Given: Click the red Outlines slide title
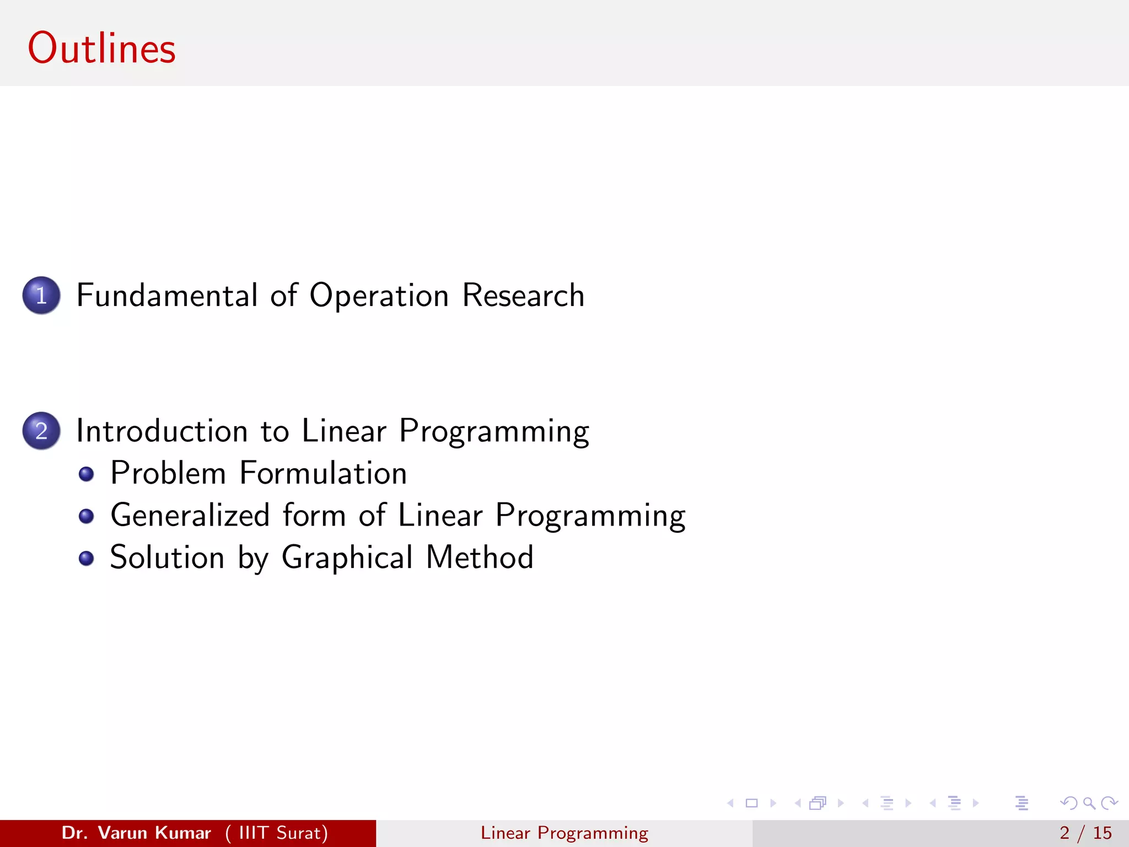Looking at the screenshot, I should (x=102, y=49).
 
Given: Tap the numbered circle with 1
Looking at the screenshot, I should (x=41, y=295).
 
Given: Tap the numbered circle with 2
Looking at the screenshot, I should (x=41, y=431).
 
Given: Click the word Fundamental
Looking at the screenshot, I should (x=167, y=295).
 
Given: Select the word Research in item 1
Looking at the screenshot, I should (x=523, y=295).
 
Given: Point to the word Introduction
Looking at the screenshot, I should (x=162, y=431).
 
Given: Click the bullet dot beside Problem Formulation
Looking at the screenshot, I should (x=86, y=474).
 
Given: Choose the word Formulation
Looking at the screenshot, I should (x=323, y=473).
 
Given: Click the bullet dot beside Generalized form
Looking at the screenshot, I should (x=86, y=516).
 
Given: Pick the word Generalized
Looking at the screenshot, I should (x=190, y=516).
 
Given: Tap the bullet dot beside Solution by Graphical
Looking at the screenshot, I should (x=86, y=559).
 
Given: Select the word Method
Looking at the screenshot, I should (x=480, y=557).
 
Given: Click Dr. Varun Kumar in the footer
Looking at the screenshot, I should (x=136, y=833).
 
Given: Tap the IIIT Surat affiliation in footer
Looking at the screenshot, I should (x=277, y=833).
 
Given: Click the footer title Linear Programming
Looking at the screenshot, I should (x=564, y=833).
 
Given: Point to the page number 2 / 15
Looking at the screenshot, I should (x=1085, y=833).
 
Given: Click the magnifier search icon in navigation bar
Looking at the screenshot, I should (x=1089, y=803).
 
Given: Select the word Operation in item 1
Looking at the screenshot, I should (x=379, y=296).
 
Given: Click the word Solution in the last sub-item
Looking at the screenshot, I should (x=167, y=557).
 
